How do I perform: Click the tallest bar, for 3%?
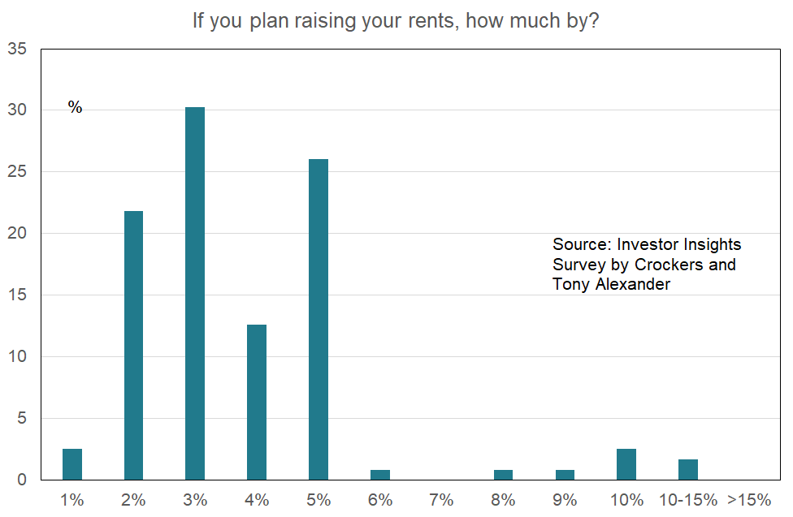[195, 293]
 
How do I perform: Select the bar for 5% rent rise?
[318, 319]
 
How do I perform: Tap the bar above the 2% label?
[133, 345]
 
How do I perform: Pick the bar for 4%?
[257, 402]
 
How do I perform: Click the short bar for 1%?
[72, 464]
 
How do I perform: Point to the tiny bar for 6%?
[380, 475]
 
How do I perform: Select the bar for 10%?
[626, 464]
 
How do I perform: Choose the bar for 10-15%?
[688, 469]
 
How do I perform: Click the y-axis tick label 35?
[16, 50]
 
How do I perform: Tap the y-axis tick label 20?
[16, 234]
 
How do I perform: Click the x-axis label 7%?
[441, 500]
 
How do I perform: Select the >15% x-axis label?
[748, 500]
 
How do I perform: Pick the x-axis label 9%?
[565, 500]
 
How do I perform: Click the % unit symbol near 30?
[75, 108]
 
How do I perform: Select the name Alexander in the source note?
[632, 284]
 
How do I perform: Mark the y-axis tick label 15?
[16, 295]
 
